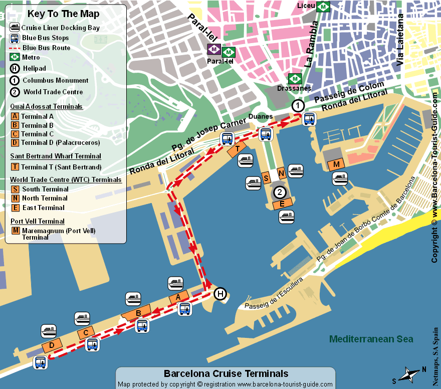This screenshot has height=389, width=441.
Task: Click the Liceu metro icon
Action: point(324,7)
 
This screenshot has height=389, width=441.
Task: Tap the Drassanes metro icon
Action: point(294,79)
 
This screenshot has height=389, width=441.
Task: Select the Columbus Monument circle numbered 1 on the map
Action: point(298,105)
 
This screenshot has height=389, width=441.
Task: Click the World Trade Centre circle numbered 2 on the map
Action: point(280,191)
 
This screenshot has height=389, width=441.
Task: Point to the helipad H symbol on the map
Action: point(220,294)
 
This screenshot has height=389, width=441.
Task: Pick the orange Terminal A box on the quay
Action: point(179,297)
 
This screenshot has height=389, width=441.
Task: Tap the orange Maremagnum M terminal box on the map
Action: point(336,164)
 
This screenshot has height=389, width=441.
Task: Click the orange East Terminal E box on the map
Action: point(282,204)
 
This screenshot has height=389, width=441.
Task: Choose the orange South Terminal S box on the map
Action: point(267,178)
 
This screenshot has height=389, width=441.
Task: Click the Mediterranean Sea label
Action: point(371,339)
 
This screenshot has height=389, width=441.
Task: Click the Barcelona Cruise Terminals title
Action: point(226,373)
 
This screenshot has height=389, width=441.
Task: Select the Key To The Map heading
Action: point(64,14)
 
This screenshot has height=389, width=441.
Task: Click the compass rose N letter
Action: point(424,369)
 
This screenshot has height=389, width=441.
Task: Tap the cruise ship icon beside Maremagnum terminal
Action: point(340,179)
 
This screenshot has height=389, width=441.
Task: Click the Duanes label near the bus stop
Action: point(261,117)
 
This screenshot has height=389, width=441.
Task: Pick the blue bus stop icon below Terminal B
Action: point(142,326)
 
